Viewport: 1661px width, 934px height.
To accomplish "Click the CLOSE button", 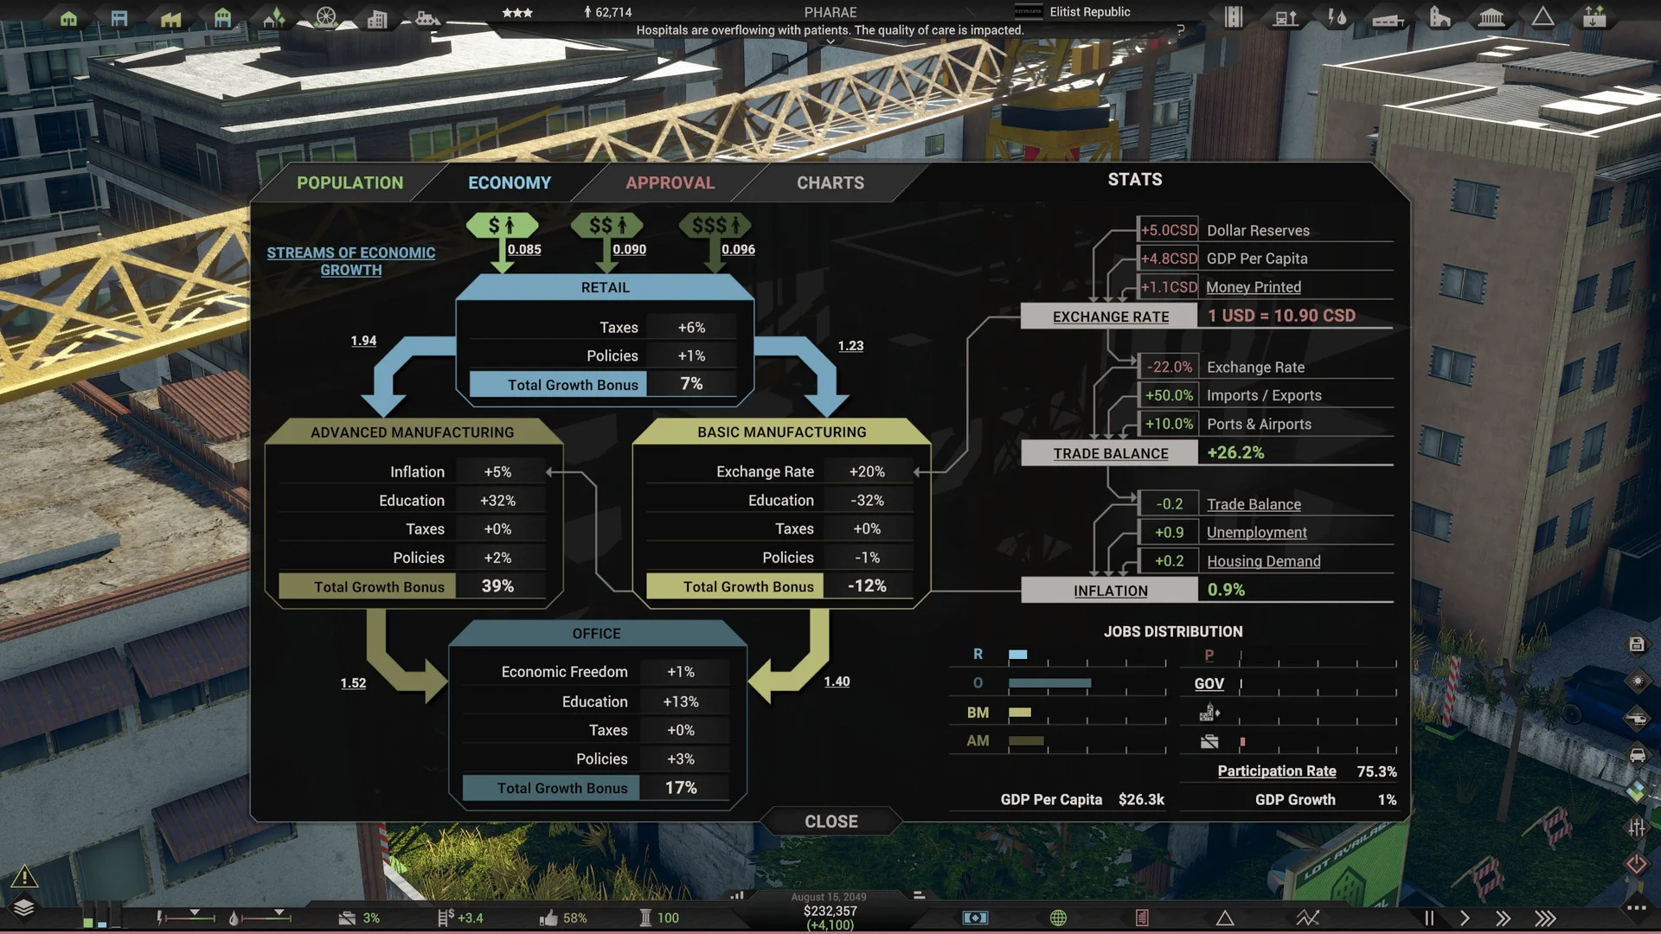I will [x=830, y=822].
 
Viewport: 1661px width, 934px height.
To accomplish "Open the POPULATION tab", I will [x=350, y=182].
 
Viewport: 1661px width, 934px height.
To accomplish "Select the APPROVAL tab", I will [x=670, y=182].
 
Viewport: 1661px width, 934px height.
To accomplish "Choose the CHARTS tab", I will [x=830, y=182].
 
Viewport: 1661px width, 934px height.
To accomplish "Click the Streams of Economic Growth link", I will [x=350, y=260].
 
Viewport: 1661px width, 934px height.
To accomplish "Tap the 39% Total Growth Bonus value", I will [x=497, y=586].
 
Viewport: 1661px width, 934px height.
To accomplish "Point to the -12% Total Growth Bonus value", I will [x=867, y=586].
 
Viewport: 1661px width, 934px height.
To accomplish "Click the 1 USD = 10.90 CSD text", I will [x=1281, y=316].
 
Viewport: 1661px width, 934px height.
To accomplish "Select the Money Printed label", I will [x=1253, y=287].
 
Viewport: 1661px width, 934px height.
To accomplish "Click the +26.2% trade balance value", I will [x=1235, y=452].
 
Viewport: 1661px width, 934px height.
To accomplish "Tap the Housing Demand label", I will [x=1263, y=561].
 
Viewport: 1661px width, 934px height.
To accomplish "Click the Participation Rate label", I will [x=1276, y=771].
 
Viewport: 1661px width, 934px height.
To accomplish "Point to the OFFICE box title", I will [x=596, y=634].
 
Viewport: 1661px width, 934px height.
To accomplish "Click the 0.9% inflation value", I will [x=1226, y=590].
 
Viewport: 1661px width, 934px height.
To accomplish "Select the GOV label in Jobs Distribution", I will [x=1209, y=683].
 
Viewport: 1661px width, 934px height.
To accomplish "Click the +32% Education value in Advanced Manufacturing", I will [x=497, y=501].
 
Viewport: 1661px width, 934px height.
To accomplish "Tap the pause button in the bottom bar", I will [x=1429, y=918].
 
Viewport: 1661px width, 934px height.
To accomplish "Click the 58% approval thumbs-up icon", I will [x=548, y=918].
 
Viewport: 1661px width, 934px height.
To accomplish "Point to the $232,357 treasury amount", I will [x=830, y=911].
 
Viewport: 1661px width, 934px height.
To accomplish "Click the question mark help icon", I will [x=1180, y=30].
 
